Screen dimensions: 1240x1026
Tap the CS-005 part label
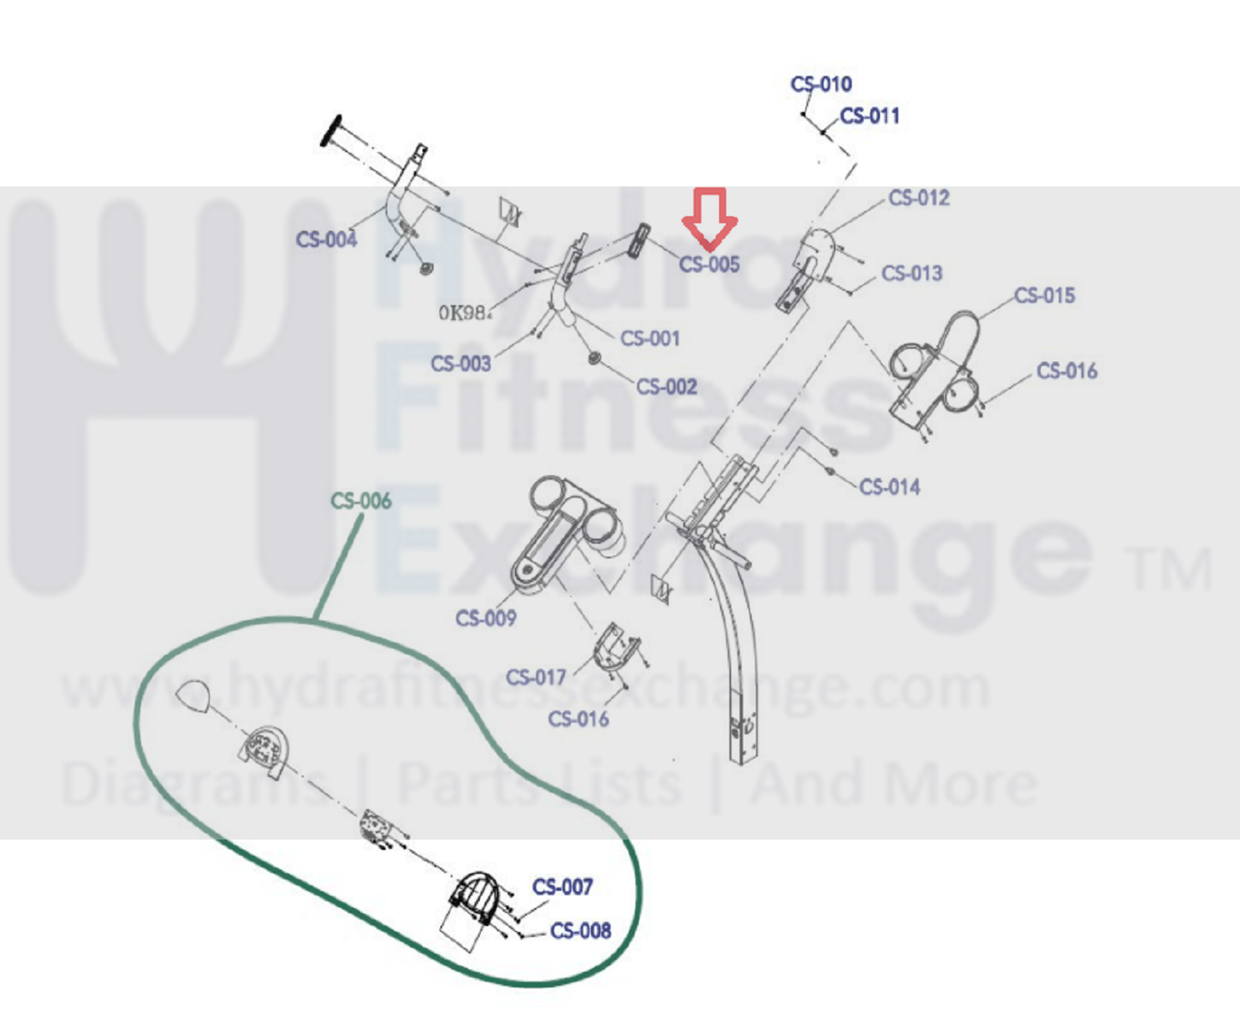click(x=709, y=264)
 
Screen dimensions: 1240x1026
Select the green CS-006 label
click(x=361, y=501)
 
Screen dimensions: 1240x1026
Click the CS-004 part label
click(x=326, y=240)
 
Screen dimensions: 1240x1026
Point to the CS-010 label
click(x=821, y=85)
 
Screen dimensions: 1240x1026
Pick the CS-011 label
click(x=869, y=116)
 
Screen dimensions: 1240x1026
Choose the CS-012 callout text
click(x=919, y=199)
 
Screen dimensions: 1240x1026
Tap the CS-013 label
click(x=912, y=274)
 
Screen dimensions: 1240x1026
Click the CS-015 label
click(x=1044, y=296)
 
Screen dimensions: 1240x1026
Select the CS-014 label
click(x=890, y=488)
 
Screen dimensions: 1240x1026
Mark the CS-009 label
click(x=486, y=619)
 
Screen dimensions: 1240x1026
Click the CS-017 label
click(x=536, y=678)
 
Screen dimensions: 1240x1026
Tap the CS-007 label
click(x=562, y=887)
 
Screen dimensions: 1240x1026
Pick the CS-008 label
click(x=580, y=931)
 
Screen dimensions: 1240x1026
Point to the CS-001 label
click(x=650, y=339)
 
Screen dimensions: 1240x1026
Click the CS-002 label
click(x=667, y=388)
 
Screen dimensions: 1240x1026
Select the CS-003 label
click(x=460, y=365)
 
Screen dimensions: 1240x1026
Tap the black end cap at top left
click(x=331, y=130)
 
